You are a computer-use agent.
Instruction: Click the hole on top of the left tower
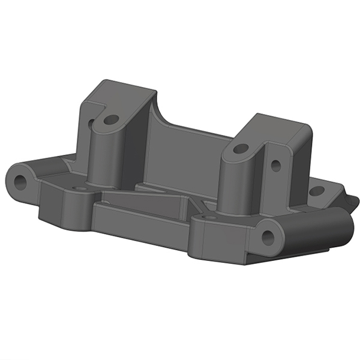(x=110, y=120)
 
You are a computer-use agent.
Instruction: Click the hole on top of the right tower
(x=240, y=148)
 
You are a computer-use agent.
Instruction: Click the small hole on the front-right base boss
(x=209, y=217)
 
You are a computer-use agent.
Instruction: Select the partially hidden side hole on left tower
(x=91, y=125)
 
